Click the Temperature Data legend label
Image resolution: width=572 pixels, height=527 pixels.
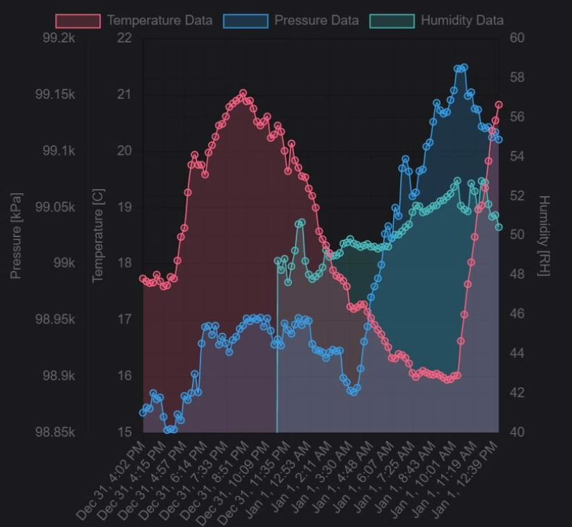[159, 20]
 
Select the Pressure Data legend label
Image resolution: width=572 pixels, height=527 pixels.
[317, 20]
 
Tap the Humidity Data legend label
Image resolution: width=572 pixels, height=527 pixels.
[462, 20]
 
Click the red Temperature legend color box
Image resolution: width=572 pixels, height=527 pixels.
[78, 20]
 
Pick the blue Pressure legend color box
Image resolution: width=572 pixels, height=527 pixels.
[246, 20]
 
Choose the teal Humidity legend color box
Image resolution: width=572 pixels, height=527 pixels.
[392, 20]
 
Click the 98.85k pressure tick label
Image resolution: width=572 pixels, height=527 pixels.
[56, 432]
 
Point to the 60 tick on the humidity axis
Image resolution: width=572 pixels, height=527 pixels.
[517, 38]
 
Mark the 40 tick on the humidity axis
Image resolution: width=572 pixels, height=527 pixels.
[517, 432]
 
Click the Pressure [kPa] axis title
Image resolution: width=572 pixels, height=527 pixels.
[16, 236]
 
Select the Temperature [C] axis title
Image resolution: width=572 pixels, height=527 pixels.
[97, 236]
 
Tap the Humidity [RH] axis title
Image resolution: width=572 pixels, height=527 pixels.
[544, 236]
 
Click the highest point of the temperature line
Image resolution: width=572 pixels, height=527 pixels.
[243, 93]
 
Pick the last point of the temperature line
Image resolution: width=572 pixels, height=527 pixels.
[499, 105]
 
